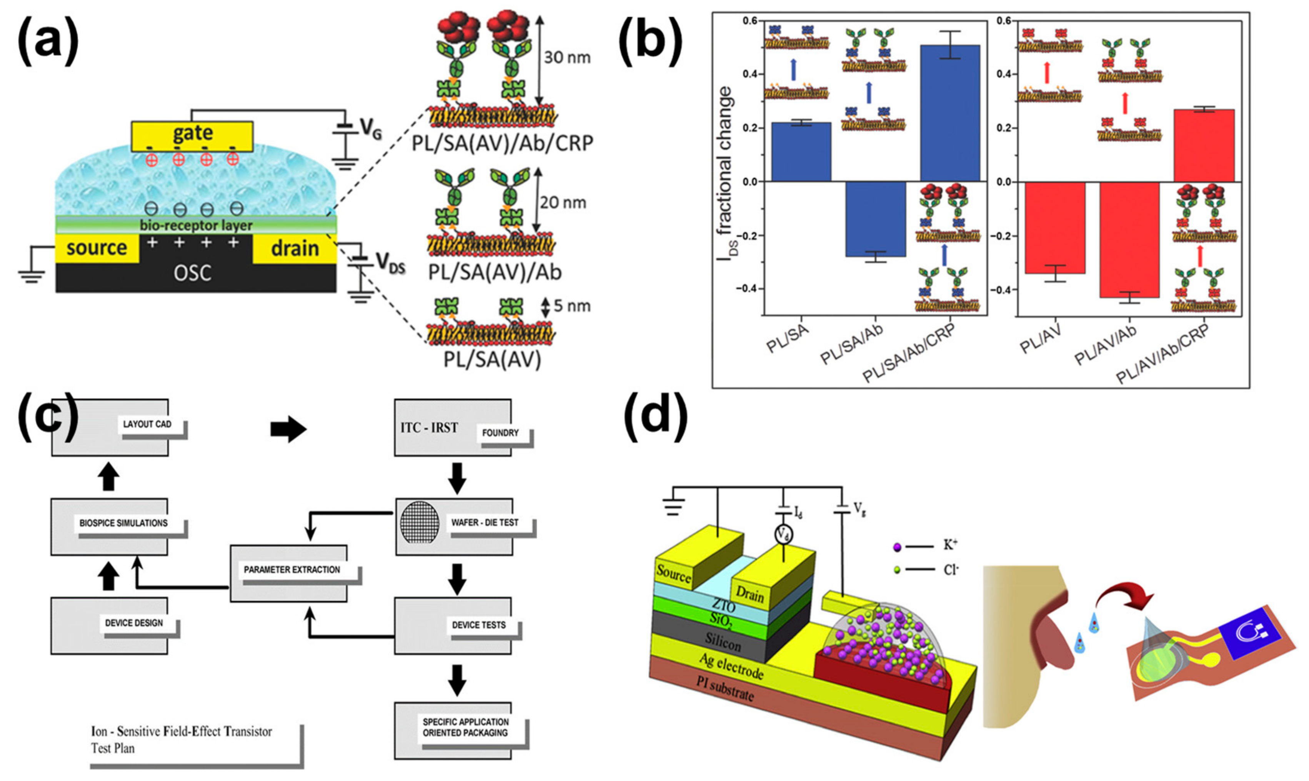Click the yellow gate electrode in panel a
coord(192,134)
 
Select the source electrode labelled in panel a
coord(97,248)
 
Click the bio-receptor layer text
coord(196,225)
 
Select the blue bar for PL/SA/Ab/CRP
coord(949,113)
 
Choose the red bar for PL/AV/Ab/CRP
coord(1204,145)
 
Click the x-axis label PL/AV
coord(1040,339)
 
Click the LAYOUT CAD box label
coord(147,424)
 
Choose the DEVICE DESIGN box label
coord(134,623)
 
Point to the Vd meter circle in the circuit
coord(783,535)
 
